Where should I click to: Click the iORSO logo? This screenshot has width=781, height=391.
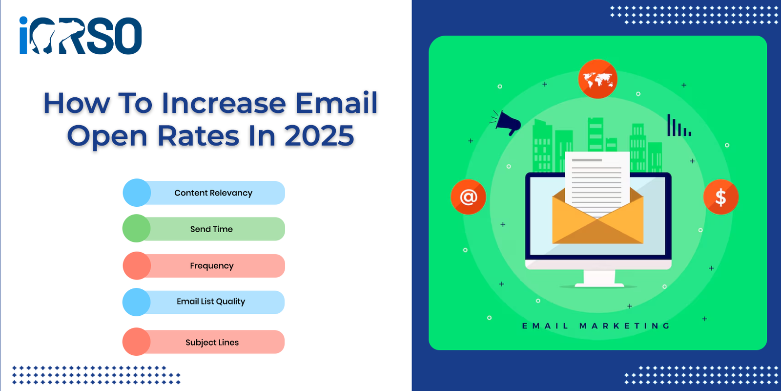coord(81,35)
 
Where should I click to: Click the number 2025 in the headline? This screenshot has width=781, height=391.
coord(319,135)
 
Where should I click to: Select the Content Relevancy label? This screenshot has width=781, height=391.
coord(213,193)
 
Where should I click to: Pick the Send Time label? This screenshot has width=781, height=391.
coord(211,229)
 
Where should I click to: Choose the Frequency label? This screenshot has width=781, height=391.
coord(212,266)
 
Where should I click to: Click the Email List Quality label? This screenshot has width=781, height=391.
coord(210,301)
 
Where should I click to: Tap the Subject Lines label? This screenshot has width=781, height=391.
coord(212,342)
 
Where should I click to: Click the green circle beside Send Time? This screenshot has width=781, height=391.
coord(137,228)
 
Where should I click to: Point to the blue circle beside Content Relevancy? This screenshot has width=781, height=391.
coord(137,193)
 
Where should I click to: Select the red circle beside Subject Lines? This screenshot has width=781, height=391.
coord(136,342)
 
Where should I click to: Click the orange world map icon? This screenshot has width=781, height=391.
coord(597,79)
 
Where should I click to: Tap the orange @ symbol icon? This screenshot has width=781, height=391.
coord(468,197)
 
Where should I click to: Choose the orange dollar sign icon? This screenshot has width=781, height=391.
coord(720,197)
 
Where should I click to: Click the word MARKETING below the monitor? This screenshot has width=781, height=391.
coord(625,326)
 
